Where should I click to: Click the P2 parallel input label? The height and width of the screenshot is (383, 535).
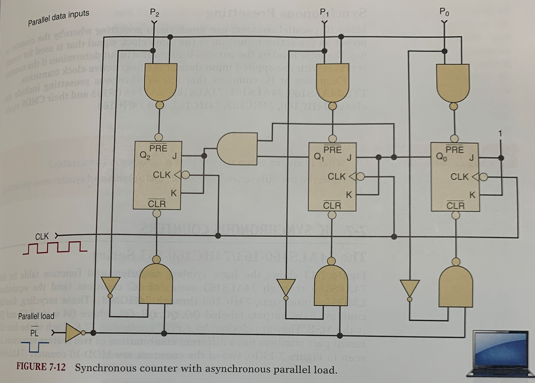154,13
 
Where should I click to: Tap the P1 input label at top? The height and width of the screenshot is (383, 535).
325,12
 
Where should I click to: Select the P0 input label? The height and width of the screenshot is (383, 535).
444,12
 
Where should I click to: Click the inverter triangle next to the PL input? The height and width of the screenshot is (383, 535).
73,333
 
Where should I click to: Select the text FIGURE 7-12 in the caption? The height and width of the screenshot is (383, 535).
41,366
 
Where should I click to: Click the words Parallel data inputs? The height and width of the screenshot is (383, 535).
58,18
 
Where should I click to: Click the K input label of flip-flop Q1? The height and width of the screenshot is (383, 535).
349,195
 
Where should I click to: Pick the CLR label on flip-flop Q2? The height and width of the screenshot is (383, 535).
157,203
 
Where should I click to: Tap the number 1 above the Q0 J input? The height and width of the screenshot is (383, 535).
500,133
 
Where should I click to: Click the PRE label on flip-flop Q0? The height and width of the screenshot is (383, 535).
454,150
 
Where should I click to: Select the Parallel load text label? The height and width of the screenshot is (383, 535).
37,316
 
